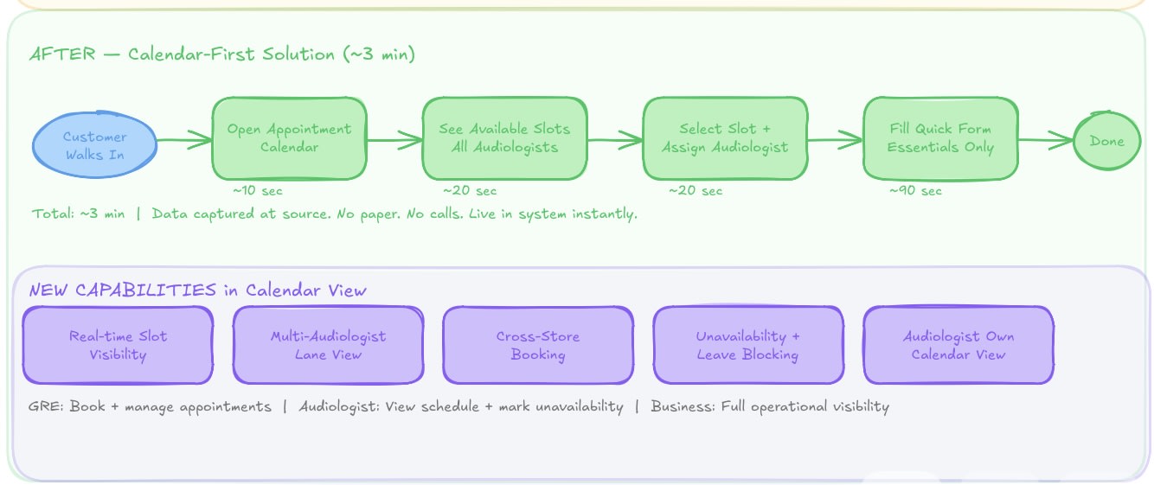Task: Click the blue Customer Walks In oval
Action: [x=95, y=144]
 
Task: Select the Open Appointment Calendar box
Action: [x=290, y=138]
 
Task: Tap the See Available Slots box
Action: [x=505, y=138]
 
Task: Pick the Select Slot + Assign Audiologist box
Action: [x=726, y=138]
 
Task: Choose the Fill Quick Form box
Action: [x=940, y=138]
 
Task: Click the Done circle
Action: [x=1107, y=141]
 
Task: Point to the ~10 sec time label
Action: [x=258, y=191]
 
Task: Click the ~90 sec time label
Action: [x=915, y=191]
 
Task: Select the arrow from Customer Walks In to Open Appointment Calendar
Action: [x=184, y=139]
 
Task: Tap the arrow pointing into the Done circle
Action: [x=1046, y=139]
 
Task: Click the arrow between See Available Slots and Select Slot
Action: [x=615, y=139]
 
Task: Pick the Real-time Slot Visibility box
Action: [x=118, y=345]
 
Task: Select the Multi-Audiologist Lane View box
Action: [x=328, y=345]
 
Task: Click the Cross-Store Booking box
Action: [x=538, y=345]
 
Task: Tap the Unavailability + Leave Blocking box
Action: [x=748, y=345]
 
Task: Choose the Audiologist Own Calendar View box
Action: [x=958, y=345]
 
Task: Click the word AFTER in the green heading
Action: [x=63, y=54]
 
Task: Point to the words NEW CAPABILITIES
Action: [x=123, y=290]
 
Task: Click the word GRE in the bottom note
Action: [x=45, y=406]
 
